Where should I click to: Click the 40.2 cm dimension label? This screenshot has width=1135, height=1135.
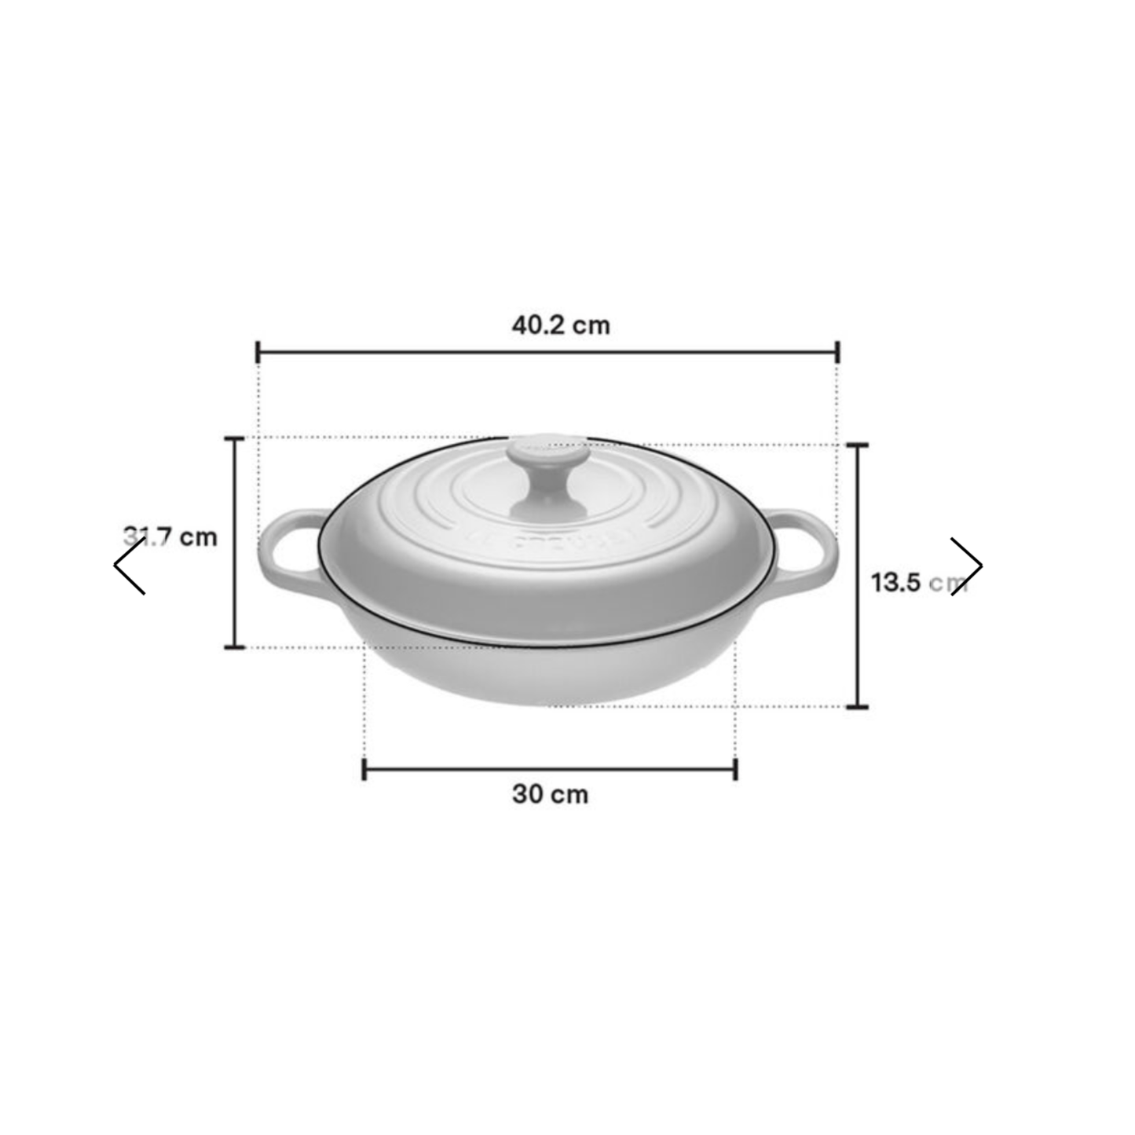coord(560,325)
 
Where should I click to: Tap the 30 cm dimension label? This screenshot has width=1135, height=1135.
coord(550,794)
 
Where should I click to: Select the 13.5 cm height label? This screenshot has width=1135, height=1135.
coord(917,583)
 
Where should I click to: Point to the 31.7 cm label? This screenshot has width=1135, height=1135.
coord(170,537)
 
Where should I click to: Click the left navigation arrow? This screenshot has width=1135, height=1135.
coord(130,566)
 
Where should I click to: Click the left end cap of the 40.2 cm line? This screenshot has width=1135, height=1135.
coord(258,353)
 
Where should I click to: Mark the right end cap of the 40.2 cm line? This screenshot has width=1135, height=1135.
coord(838,353)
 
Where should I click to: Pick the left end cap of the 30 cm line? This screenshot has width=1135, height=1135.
coord(364,770)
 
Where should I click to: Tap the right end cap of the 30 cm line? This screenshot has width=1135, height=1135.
coord(735,770)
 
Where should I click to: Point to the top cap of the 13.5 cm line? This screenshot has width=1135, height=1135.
coord(857,445)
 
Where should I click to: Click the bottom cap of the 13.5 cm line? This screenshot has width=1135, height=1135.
coord(857,707)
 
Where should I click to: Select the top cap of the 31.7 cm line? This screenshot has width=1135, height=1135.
coord(234,438)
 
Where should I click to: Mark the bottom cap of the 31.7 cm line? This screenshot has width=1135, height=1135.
coord(234,647)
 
